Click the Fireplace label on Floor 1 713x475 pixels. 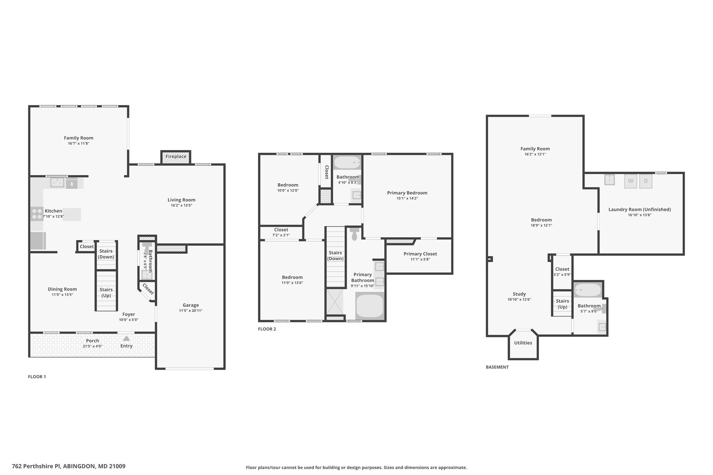176,157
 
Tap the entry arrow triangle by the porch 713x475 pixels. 126,338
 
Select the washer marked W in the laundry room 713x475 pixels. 630,181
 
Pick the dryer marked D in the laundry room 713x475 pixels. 646,181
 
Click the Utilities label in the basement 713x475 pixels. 523,343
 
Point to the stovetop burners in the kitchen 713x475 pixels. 37,214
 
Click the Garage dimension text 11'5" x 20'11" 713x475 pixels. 191,311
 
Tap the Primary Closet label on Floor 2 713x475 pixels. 420,254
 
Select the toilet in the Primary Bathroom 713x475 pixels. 355,234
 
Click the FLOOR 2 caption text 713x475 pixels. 267,329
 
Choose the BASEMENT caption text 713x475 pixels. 497,367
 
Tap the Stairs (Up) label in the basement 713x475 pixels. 563,304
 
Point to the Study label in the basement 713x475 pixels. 519,294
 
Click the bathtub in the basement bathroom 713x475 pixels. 588,290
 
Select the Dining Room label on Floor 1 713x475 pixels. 62,289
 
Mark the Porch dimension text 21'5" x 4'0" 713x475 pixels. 93,346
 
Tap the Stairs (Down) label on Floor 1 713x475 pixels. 106,254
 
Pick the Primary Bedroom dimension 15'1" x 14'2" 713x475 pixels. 407,198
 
